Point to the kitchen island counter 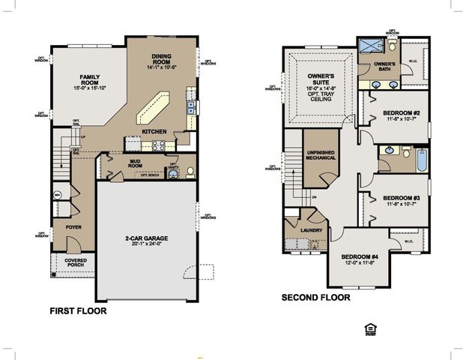(x=152, y=108)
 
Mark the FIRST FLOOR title (x=77, y=310)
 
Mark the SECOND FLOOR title (x=315, y=298)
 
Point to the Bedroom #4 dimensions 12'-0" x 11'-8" (x=360, y=262)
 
